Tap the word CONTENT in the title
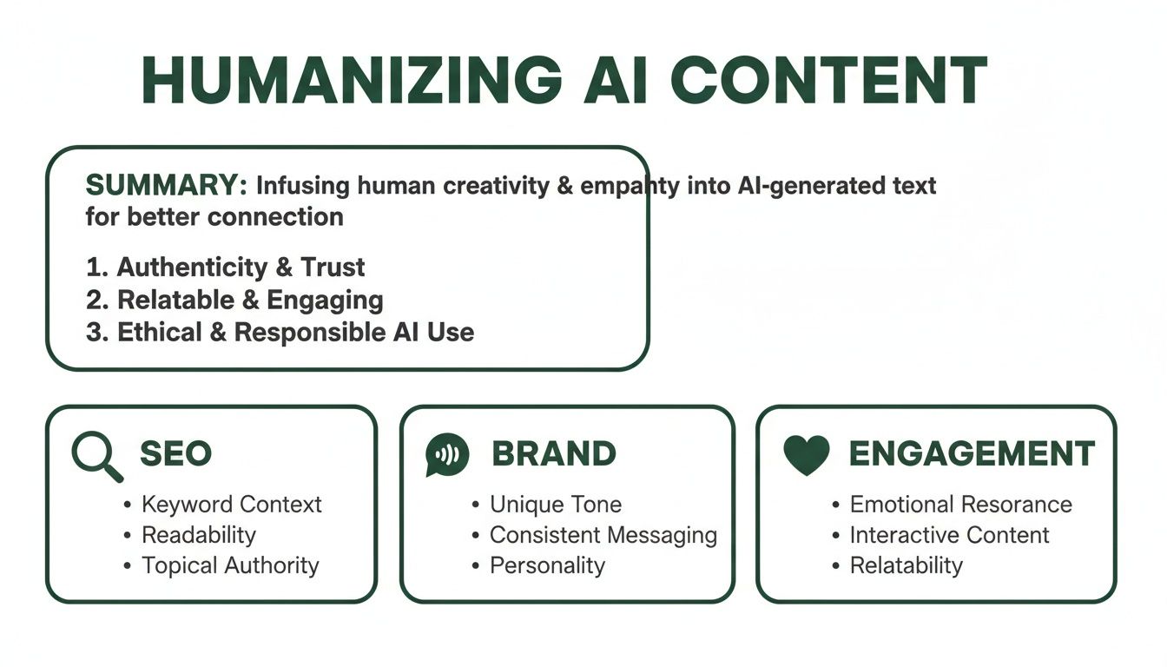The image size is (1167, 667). click(x=828, y=82)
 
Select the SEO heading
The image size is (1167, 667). click(x=175, y=454)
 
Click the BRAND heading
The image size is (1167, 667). click(x=554, y=454)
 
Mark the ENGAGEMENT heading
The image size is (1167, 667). click(x=971, y=454)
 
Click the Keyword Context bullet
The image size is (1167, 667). click(x=231, y=505)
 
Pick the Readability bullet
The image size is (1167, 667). click(x=199, y=535)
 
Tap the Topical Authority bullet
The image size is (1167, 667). click(x=230, y=565)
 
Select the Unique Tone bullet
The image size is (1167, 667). click(x=556, y=505)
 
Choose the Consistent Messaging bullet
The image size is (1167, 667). click(x=603, y=535)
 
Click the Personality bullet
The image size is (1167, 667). click(x=547, y=565)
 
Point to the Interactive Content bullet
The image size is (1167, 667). click(x=949, y=535)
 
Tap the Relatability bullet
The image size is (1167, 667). click(x=906, y=565)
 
